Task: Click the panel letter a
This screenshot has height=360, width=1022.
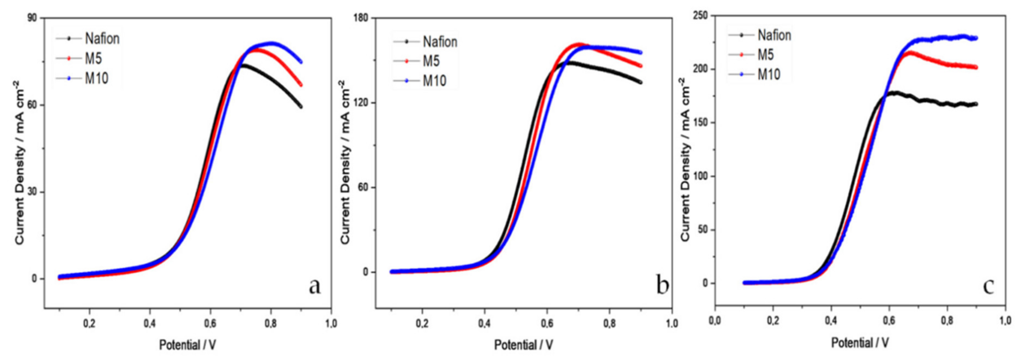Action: click(315, 286)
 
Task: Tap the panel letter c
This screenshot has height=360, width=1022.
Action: click(988, 286)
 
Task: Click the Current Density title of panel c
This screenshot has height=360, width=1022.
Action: click(686, 159)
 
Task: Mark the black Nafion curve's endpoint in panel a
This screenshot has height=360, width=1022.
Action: click(301, 106)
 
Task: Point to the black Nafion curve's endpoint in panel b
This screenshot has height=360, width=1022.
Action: click(640, 82)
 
